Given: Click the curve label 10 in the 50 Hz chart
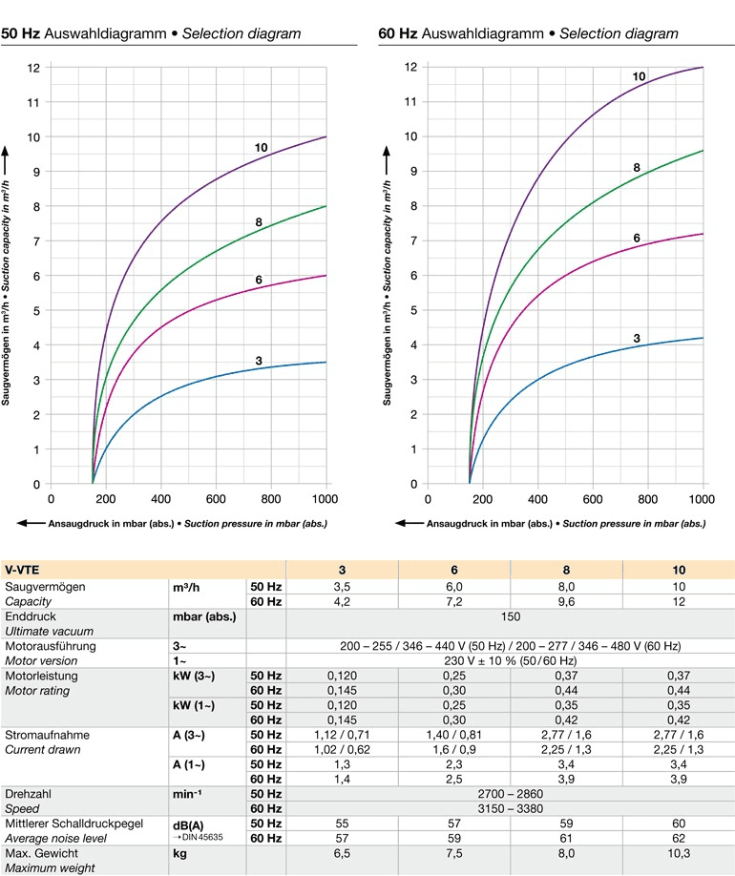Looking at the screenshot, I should (261, 148).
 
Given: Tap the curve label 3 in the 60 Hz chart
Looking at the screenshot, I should (637, 338).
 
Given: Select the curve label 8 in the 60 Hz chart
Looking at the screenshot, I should (637, 168).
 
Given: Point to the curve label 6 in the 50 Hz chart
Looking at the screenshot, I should (259, 280).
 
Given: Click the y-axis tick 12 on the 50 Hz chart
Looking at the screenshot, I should (33, 68).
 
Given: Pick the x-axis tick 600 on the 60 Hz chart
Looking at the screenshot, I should (594, 499).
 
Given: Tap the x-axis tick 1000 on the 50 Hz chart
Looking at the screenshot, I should (326, 499).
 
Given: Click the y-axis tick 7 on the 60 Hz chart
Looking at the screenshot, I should (411, 240).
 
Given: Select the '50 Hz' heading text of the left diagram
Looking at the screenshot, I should (21, 33).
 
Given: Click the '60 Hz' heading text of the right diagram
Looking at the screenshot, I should (398, 33).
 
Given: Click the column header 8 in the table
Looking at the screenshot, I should (566, 569).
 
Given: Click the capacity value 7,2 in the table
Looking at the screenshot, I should (454, 601).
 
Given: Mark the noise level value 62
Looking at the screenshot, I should (679, 837).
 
